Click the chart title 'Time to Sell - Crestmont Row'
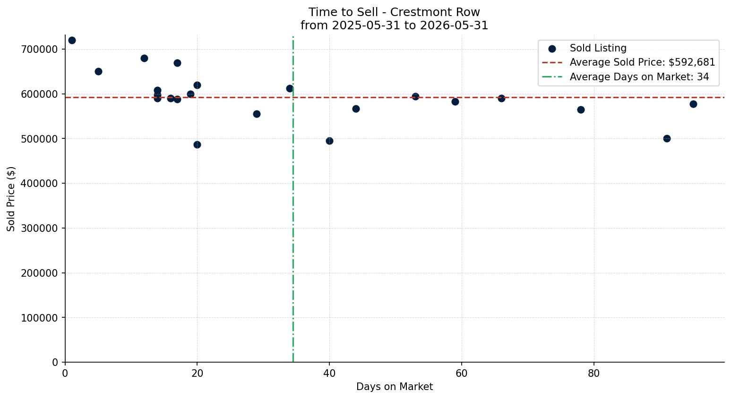394,12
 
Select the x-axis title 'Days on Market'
394,387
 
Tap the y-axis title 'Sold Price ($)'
11,199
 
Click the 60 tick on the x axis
462,373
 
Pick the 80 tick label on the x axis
594,373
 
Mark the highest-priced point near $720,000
72,41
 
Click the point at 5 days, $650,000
98,72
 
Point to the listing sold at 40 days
330,141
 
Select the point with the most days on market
694,104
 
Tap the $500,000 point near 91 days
667,138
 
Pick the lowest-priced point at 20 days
197,145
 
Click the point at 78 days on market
581,110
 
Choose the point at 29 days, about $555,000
257,114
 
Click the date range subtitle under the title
394,25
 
